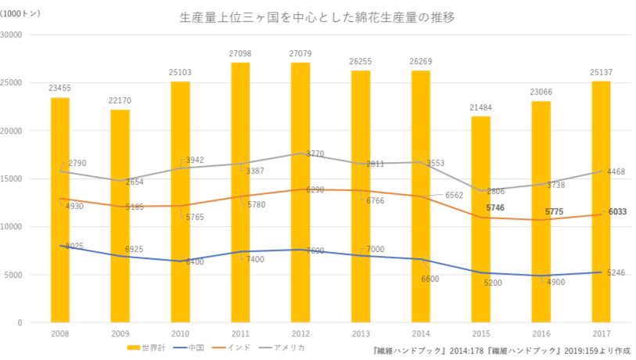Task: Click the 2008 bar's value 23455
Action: click(x=60, y=88)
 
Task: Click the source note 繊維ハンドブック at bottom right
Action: click(x=500, y=351)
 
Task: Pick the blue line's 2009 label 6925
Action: click(x=136, y=249)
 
